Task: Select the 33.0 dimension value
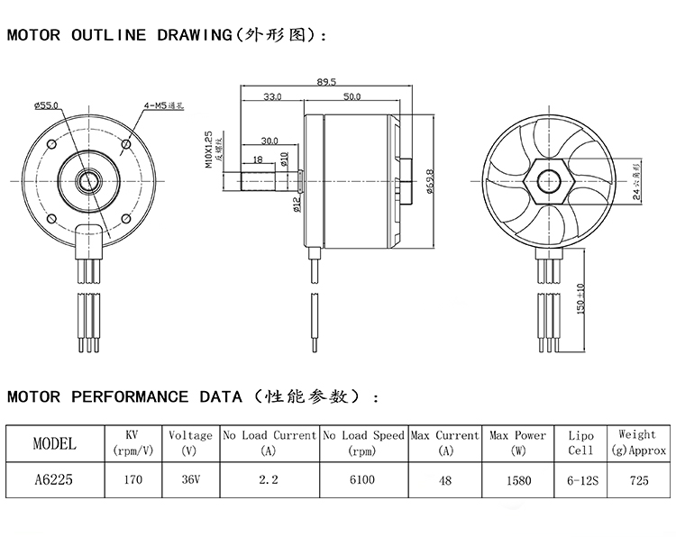coord(272,96)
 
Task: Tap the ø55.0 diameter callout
coord(45,106)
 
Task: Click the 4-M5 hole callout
coord(163,106)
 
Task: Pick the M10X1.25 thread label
coord(208,148)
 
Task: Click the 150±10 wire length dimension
coord(581,296)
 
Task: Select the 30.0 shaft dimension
coord(269,141)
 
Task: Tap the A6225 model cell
coord(54,479)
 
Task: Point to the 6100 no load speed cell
coord(361,479)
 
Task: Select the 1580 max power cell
coord(517,479)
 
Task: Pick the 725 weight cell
coord(639,479)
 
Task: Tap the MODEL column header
coord(54,442)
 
